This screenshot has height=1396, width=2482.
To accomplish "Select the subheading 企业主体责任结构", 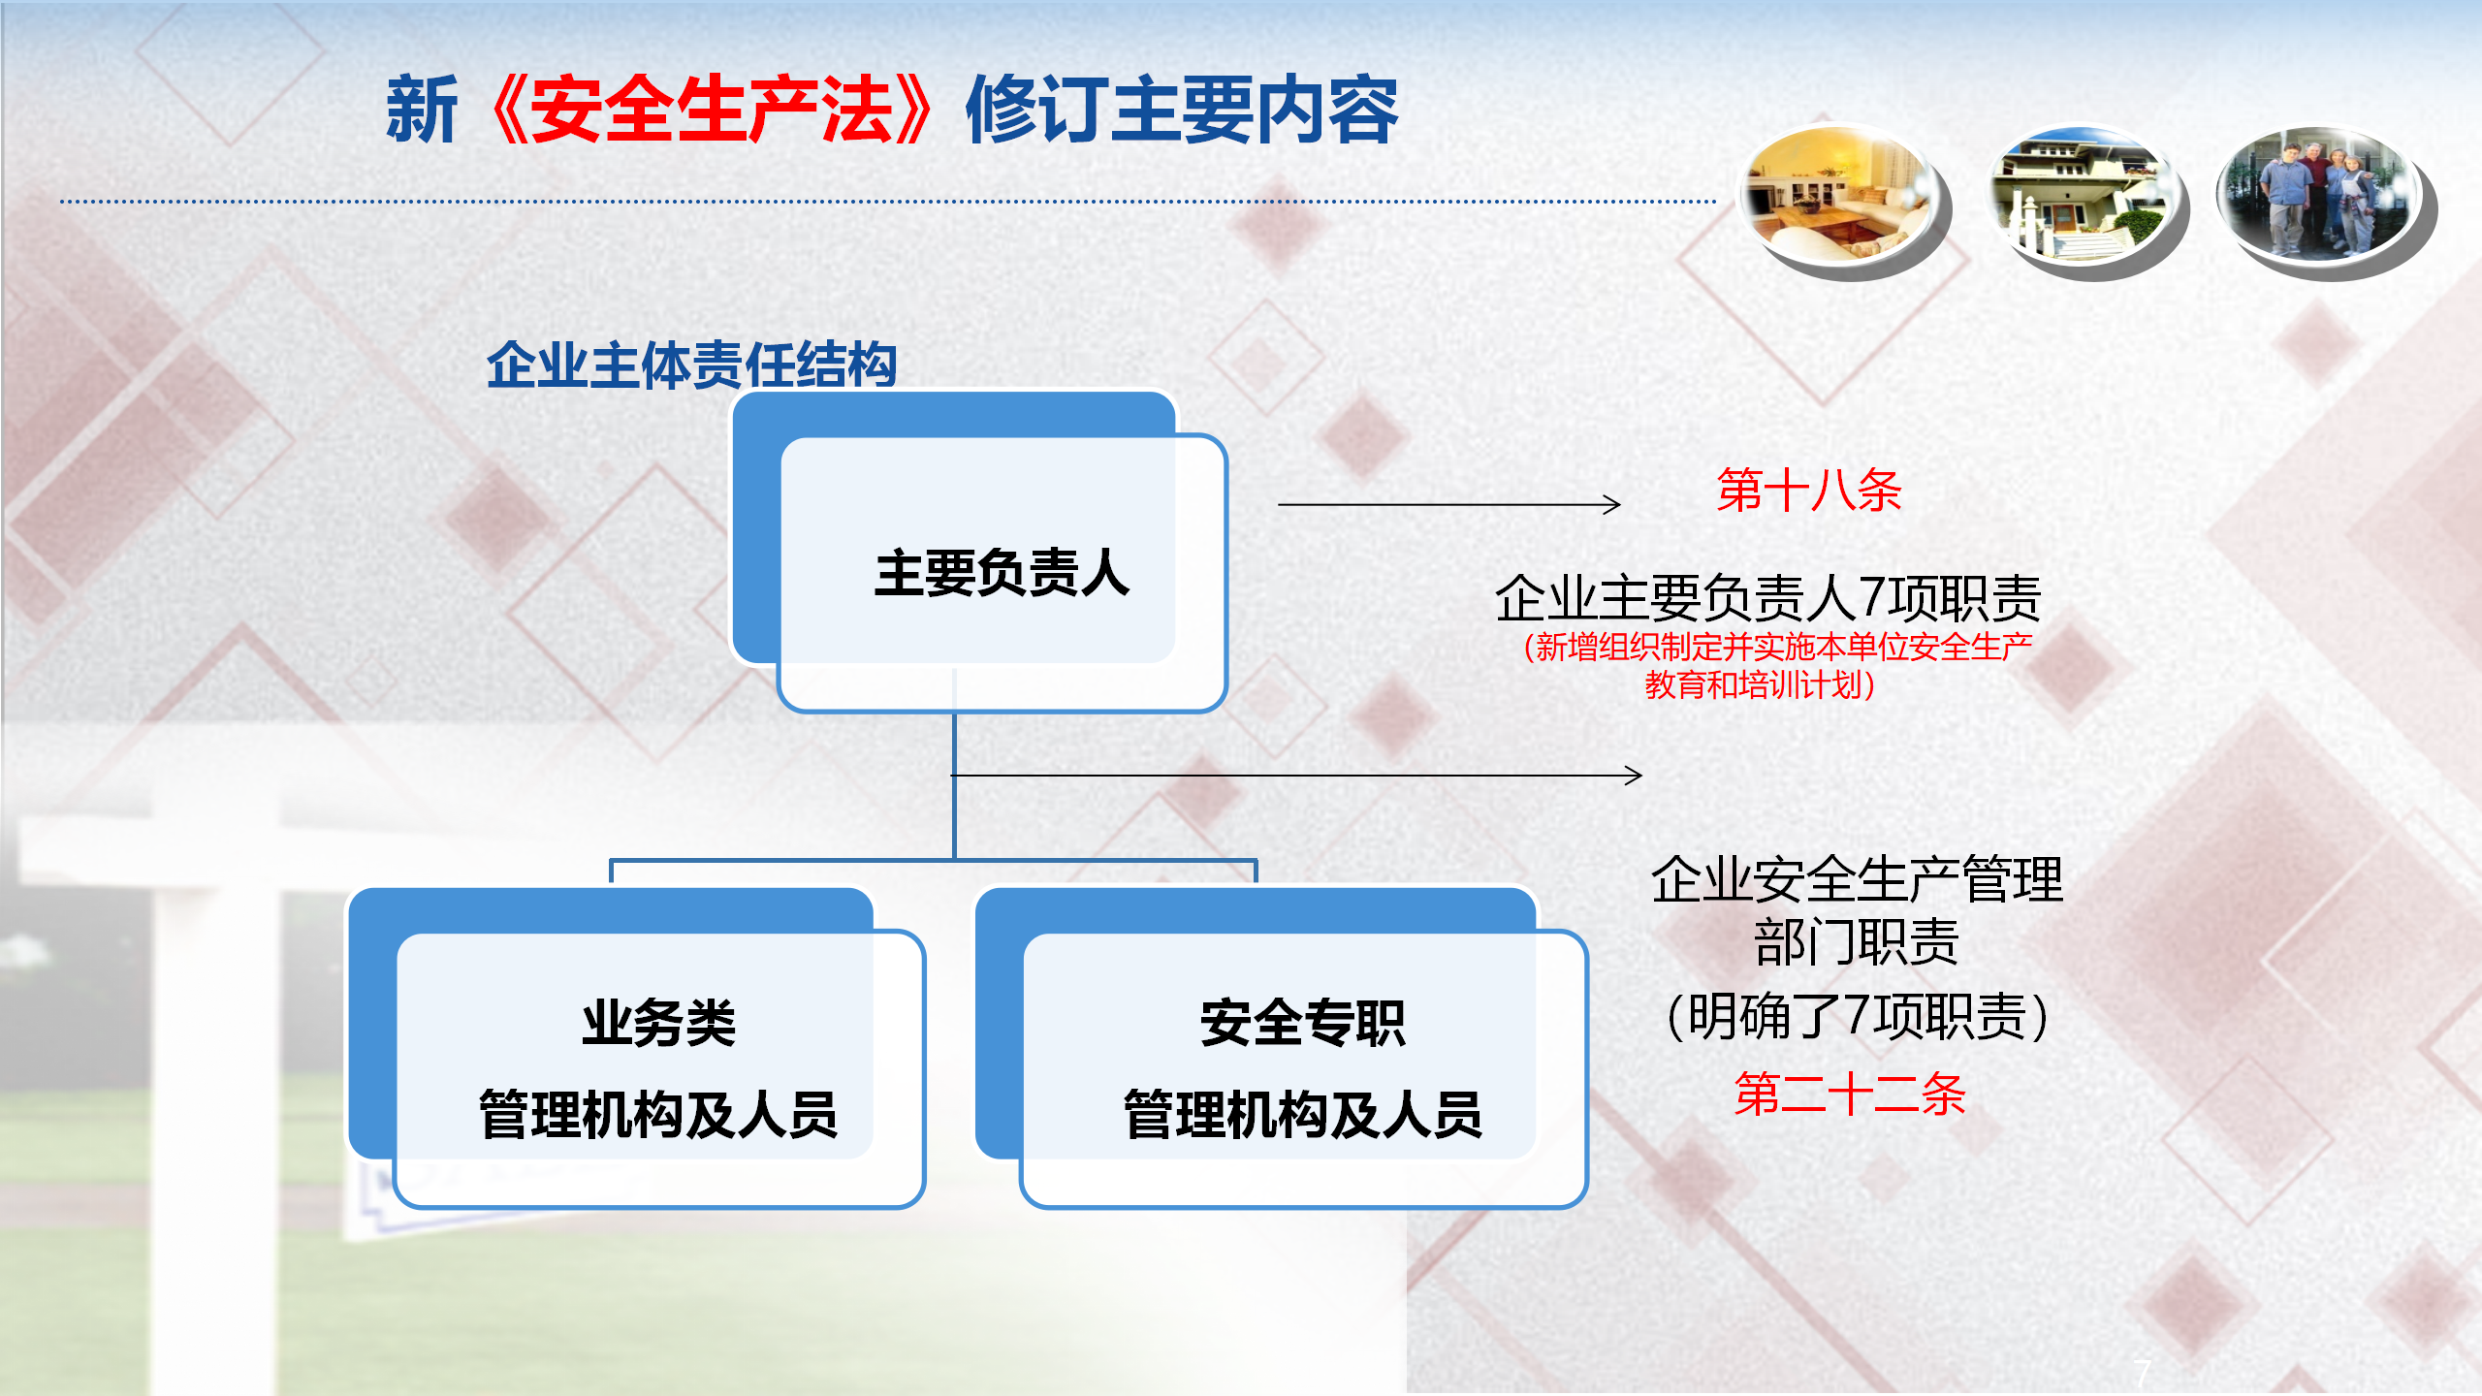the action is (691, 365).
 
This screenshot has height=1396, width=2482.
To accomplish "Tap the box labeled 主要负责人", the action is (979, 553).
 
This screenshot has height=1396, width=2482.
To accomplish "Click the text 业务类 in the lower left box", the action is (658, 1023).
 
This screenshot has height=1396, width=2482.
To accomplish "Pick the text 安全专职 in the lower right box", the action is (1302, 1023).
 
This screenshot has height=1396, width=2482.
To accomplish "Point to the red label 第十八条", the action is (1809, 490).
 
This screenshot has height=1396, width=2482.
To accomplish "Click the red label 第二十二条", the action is (1850, 1095).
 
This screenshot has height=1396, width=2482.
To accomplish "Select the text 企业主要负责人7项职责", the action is (1767, 597).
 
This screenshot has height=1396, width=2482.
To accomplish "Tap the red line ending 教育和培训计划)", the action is (1760, 685).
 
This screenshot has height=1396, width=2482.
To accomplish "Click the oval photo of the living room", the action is (1843, 198).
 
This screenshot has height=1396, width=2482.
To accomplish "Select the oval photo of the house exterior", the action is (2084, 198).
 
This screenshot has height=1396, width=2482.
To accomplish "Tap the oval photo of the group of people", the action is (2325, 198).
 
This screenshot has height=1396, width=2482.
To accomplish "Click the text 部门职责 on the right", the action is (1856, 942).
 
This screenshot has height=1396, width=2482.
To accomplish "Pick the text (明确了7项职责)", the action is (1856, 1017).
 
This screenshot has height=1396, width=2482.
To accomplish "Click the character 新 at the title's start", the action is (422, 111).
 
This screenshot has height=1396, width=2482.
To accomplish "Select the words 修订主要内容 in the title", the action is (1182, 111).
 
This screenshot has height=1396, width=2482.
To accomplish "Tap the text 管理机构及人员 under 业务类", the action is (658, 1114).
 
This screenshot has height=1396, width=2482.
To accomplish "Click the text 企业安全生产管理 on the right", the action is (1856, 879).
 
